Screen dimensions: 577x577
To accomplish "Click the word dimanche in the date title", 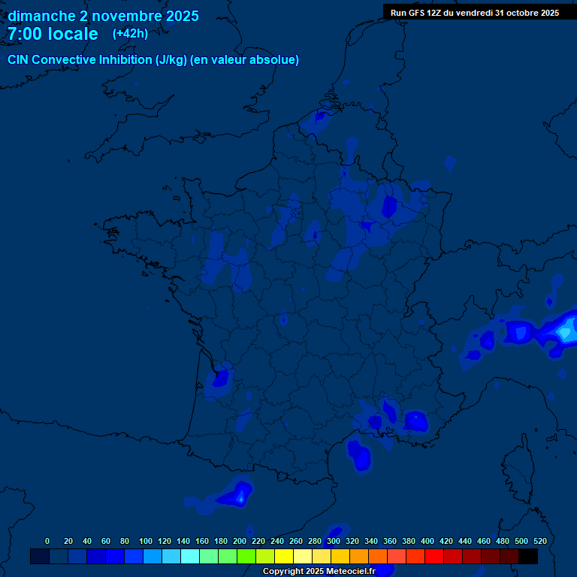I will click(x=42, y=16).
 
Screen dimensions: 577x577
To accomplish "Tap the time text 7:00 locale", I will click(x=53, y=35).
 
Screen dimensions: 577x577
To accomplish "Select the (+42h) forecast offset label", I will click(x=130, y=34).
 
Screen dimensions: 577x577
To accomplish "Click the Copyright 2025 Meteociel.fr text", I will click(x=319, y=572).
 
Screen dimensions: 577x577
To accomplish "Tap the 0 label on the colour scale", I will click(x=47, y=541).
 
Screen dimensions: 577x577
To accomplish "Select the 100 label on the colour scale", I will click(x=146, y=541).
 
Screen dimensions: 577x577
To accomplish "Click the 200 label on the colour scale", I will click(x=240, y=541).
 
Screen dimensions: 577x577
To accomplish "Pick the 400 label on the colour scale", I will click(x=427, y=541).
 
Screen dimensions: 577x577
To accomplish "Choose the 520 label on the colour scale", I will click(x=539, y=541).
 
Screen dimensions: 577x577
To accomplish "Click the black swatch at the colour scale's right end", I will click(x=528, y=557).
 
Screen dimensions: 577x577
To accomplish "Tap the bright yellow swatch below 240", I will click(x=284, y=557).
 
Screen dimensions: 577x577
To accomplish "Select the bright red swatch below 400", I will click(x=434, y=557).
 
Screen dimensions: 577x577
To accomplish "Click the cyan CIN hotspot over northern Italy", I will click(x=565, y=330).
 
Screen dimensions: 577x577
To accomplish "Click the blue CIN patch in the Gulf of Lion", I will click(x=360, y=455).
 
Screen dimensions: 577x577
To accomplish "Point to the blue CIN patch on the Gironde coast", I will click(x=221, y=376).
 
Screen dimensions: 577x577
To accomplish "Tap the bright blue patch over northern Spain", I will click(x=240, y=494).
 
